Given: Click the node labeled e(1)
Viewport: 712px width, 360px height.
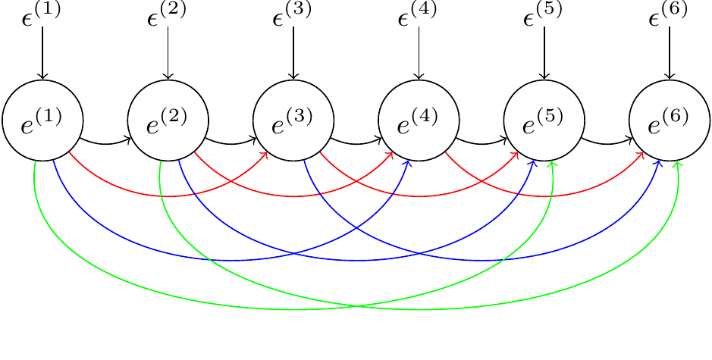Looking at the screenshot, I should [42, 121].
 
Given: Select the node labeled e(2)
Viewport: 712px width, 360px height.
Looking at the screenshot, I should [168, 121].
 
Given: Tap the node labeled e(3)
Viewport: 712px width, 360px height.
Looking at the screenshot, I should [293, 121].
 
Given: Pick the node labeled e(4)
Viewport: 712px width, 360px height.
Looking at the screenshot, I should [419, 121].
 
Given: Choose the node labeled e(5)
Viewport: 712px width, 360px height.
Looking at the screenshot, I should [544, 121].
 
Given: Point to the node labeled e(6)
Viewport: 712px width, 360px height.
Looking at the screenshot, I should [670, 121].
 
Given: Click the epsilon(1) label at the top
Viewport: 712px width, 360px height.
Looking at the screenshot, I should [42, 14].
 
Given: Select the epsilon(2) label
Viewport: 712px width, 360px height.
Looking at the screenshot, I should [168, 14].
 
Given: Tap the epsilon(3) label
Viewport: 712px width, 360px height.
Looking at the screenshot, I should [293, 14].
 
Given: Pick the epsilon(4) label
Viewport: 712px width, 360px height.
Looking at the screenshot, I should [419, 14].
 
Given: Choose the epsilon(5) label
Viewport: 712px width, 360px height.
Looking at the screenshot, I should [544, 14].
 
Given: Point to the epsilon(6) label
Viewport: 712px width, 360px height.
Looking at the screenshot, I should [670, 14].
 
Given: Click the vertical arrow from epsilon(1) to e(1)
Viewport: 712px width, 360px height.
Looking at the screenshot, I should [42, 53].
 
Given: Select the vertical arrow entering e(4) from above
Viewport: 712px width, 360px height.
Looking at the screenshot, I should [419, 53].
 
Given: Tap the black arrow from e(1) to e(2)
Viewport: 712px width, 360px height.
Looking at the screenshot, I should [105, 143].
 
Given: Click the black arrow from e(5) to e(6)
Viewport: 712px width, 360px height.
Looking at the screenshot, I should [607, 143].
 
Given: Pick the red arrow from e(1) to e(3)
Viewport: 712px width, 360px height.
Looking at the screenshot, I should [168, 196].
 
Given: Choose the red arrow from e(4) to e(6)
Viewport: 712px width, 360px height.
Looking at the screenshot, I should [544, 196].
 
